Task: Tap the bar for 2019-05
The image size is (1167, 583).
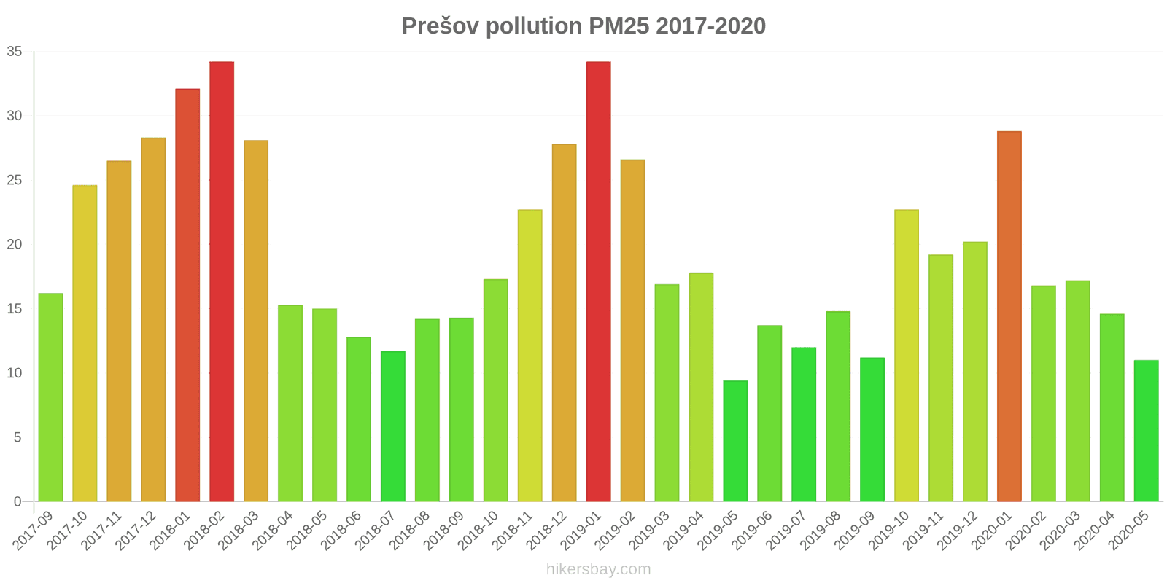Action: click(x=735, y=441)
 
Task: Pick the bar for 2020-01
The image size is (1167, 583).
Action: click(x=1009, y=316)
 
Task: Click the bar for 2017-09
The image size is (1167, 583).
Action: click(x=50, y=397)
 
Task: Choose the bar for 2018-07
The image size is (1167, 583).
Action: click(x=392, y=426)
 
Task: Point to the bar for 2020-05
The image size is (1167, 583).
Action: click(x=1146, y=431)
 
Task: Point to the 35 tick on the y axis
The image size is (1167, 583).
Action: click(x=15, y=52)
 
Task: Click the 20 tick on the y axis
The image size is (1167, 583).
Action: click(x=15, y=245)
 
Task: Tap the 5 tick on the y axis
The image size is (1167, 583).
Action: click(x=18, y=437)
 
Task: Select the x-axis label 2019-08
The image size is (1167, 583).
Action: click(x=821, y=530)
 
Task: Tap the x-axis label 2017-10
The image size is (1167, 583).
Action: click(x=68, y=530)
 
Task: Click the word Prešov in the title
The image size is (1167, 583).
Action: click(x=439, y=26)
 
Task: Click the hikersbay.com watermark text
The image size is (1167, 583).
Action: click(x=598, y=569)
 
